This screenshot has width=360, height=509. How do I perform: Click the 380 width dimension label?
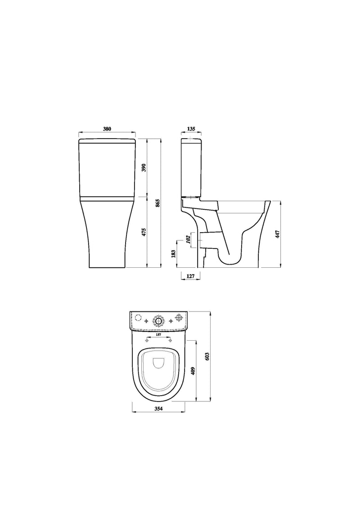(x=107, y=129)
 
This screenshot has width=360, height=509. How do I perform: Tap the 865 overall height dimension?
(x=157, y=203)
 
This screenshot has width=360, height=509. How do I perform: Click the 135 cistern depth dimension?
(x=191, y=129)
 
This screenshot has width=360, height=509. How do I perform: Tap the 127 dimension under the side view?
(x=191, y=277)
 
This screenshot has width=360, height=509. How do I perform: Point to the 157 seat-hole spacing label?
(x=158, y=335)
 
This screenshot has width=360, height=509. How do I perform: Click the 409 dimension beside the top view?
(x=193, y=371)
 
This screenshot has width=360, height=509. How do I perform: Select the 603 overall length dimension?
(x=207, y=356)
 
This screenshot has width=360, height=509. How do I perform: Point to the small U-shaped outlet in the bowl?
(x=158, y=363)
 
